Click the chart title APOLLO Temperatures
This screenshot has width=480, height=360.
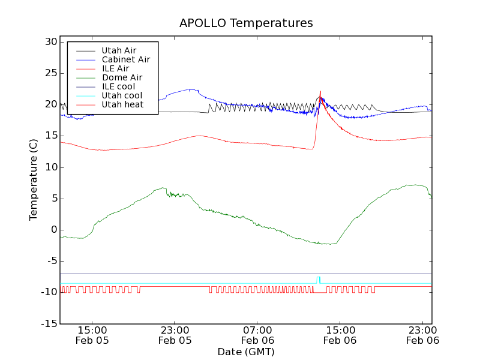point(246,23)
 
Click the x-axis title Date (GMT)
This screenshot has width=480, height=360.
point(246,352)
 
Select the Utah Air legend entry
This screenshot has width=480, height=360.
point(119,50)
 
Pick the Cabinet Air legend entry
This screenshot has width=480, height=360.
point(125,59)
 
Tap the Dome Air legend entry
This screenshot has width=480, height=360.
point(122,77)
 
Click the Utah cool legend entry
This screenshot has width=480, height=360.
point(122,95)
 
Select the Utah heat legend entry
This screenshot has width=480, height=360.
point(122,104)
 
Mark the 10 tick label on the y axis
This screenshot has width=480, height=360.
point(50,167)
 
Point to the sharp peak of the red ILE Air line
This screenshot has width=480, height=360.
point(320,92)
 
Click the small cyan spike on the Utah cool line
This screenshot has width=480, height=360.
point(319,278)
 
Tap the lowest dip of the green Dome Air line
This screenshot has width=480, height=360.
point(328,244)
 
